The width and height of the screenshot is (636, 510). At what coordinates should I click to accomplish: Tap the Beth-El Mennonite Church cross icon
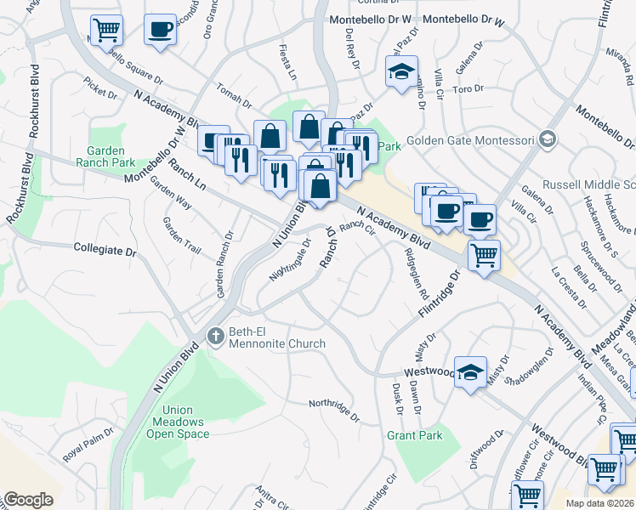tap(217, 336)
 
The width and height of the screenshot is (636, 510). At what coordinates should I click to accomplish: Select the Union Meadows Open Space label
tap(180, 422)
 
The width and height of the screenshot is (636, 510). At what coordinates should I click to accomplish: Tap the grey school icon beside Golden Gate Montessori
tap(548, 139)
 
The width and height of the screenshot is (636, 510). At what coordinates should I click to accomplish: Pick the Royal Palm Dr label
tap(87, 448)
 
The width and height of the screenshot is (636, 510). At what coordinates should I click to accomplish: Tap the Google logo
tap(28, 500)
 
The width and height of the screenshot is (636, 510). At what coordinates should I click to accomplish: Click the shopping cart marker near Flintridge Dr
tap(484, 254)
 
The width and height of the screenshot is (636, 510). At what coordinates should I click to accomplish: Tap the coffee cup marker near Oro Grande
tap(160, 29)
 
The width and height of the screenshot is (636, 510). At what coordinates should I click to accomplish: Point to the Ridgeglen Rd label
tap(417, 273)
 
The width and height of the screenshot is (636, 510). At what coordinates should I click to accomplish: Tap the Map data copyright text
tap(599, 503)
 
